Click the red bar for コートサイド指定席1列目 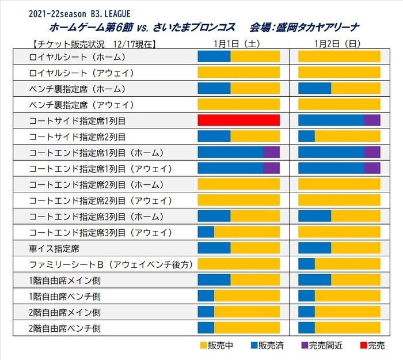coord(238,120)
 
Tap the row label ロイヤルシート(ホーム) coord(77,56)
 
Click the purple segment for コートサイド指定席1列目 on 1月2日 coord(372,120)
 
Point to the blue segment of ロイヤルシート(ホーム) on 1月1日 coord(214,56)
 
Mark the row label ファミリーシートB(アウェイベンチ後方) coord(111,264)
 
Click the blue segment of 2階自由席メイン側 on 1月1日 coord(206,312)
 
